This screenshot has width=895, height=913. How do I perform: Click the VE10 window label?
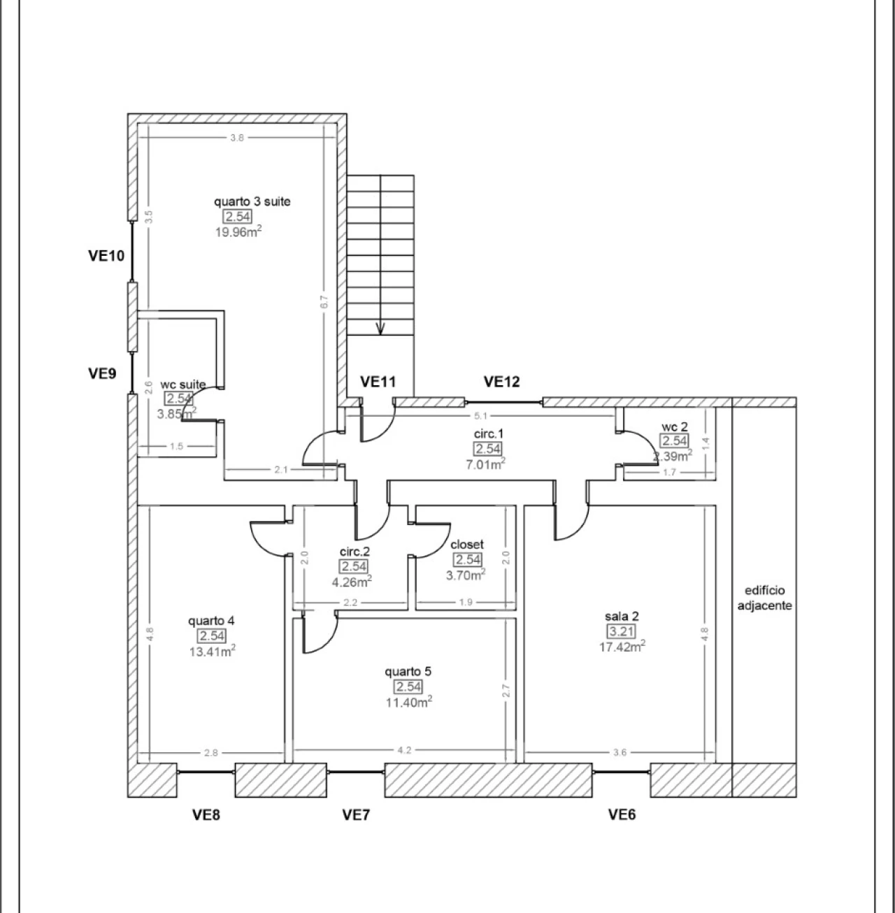(x=106, y=256)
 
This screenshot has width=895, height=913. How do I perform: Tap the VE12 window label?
(x=501, y=382)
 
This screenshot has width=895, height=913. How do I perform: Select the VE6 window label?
(x=622, y=814)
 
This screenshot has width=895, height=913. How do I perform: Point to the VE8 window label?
(x=206, y=815)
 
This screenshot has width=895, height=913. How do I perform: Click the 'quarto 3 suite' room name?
(x=252, y=201)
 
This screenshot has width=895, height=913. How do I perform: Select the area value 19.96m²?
(x=238, y=231)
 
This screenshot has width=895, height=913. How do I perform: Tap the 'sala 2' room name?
(x=622, y=616)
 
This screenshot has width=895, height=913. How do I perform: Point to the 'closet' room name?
(x=467, y=545)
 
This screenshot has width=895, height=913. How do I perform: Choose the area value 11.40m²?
(x=409, y=702)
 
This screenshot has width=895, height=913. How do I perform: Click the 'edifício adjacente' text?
(x=765, y=598)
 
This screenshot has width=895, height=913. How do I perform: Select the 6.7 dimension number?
(x=324, y=302)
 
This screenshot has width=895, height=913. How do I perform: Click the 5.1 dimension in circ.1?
(x=480, y=416)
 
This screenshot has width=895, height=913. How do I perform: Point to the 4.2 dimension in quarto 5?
(x=404, y=750)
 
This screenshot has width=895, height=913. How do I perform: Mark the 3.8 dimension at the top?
(x=237, y=138)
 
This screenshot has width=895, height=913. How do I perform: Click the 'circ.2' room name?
(x=355, y=552)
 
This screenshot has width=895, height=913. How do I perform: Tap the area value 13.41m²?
(x=213, y=651)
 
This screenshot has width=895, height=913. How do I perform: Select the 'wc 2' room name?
(x=675, y=426)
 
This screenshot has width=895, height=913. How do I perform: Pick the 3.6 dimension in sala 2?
(x=620, y=752)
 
